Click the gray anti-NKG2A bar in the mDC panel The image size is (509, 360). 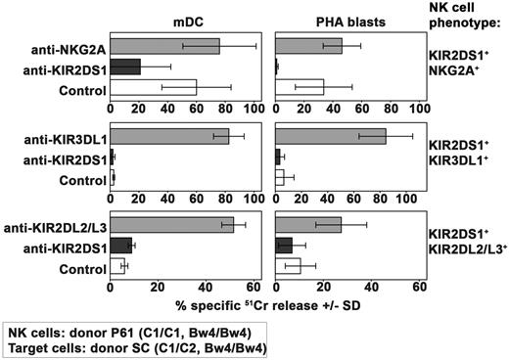pyautogui.click(x=164, y=46)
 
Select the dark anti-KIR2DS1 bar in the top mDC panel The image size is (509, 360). pyautogui.click(x=125, y=67)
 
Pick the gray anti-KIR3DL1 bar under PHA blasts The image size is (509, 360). pyautogui.click(x=331, y=136)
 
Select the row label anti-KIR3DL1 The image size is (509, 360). pyautogui.click(x=69, y=137)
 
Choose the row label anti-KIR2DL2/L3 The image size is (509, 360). pyautogui.click(x=60, y=226)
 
